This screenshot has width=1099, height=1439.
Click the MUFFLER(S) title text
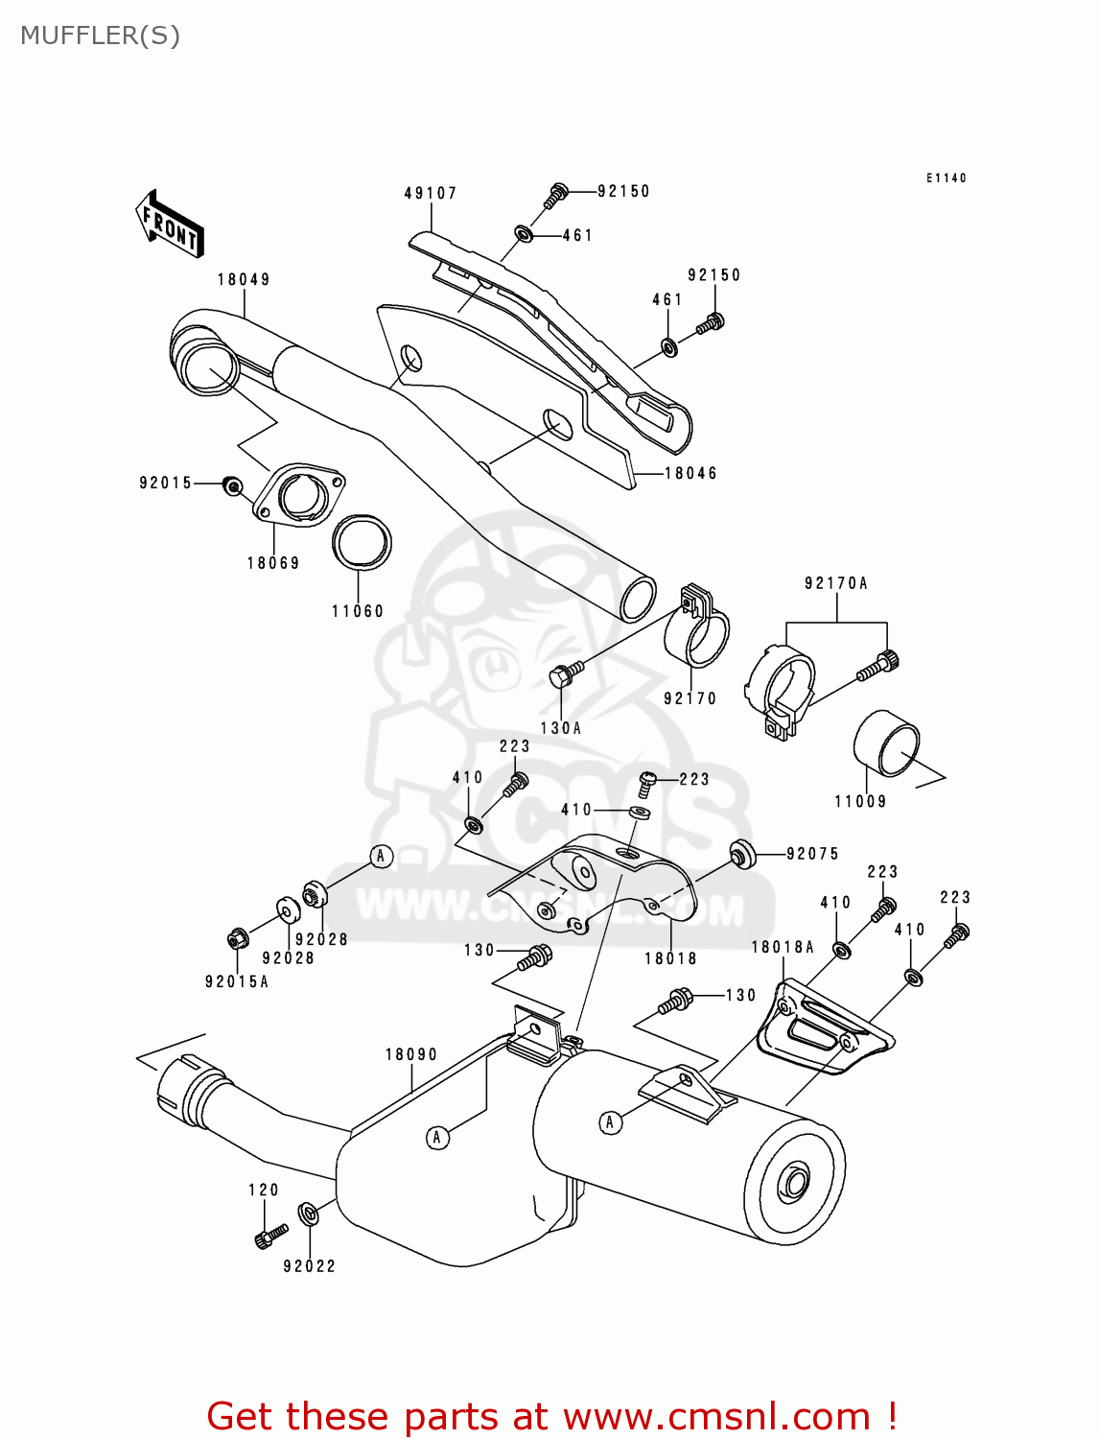coord(100,35)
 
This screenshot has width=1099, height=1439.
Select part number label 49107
coord(431,194)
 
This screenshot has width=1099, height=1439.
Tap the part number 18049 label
coord(244,280)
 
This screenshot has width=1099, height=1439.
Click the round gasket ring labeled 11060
coord(362,543)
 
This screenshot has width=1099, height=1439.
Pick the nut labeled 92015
coord(231,486)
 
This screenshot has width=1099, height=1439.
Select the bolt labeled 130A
coord(566,672)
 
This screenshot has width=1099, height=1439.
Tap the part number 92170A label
coord(835,583)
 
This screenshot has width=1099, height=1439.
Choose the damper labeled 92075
coord(741,853)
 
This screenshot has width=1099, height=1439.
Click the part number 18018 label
coord(670,958)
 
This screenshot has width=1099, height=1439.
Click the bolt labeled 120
coord(270,1236)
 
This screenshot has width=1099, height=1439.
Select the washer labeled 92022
coord(309,1214)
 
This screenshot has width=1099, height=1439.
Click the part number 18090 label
coord(411,1054)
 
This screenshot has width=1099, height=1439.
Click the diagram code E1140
coord(946,178)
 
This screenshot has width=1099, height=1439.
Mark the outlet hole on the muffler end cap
coord(793,1183)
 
